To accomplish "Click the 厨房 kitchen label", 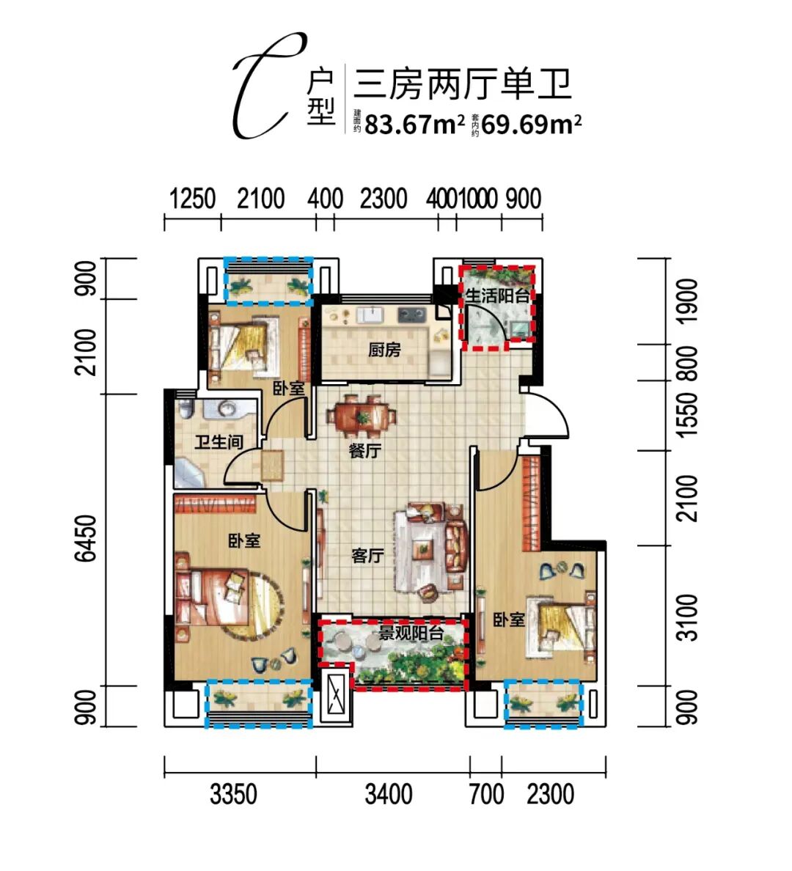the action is [x=384, y=350].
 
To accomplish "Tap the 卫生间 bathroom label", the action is [x=219, y=442].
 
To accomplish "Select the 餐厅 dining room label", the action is [x=365, y=451].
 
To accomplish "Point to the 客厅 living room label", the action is [x=367, y=556].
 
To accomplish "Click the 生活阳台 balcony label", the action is [x=498, y=295].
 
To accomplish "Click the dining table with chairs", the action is [x=362, y=416].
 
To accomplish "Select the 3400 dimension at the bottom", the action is [x=389, y=794].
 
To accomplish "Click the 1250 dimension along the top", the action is [x=191, y=199].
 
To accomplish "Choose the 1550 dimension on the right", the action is [x=688, y=414].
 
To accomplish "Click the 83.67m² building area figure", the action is [x=414, y=124].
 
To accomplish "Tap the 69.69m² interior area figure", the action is [x=532, y=124].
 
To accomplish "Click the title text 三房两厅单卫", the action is [x=463, y=84].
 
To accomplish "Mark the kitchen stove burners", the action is [x=412, y=315].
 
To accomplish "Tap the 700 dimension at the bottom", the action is [x=486, y=794].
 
